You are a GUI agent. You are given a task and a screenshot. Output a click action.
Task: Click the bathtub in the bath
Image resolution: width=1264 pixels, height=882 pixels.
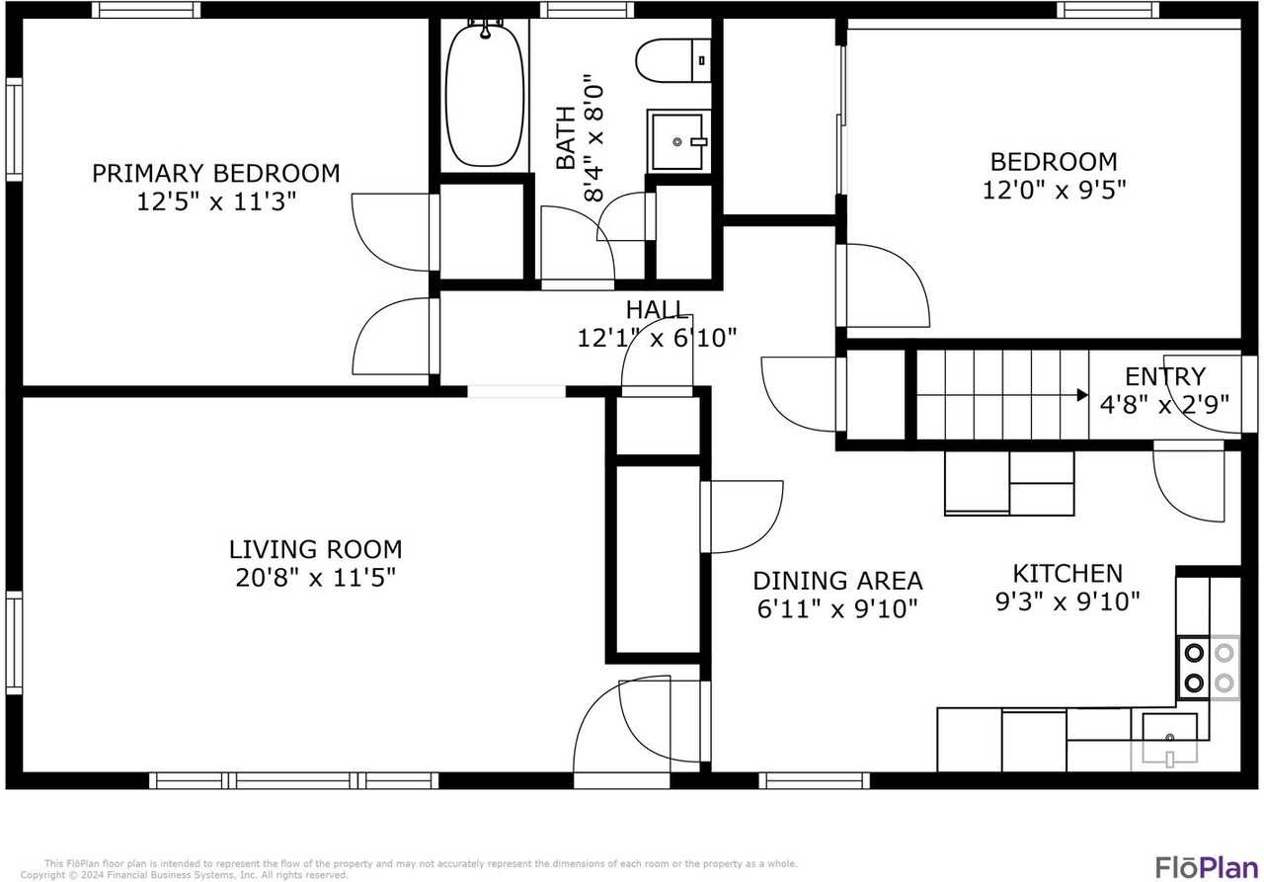(485, 94)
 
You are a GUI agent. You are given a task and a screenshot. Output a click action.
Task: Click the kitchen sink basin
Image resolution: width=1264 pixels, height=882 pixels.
(1169, 732)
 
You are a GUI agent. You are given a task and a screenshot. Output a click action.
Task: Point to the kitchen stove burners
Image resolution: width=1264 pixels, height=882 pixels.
(1208, 667)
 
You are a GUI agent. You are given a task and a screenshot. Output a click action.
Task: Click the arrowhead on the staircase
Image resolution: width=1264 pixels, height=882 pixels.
(1082, 396)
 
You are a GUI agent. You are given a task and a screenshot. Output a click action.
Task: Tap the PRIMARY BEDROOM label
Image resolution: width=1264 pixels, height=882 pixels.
(215, 174)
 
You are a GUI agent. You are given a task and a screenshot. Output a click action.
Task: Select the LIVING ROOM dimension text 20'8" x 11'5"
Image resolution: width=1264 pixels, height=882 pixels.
(315, 578)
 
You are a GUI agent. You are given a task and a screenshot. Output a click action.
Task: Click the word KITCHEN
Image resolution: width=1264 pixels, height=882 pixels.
(1066, 573)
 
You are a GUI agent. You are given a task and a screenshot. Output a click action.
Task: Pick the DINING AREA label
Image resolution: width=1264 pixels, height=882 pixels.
(837, 581)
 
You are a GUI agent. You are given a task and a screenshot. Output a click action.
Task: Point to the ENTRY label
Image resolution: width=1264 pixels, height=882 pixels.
(1165, 376)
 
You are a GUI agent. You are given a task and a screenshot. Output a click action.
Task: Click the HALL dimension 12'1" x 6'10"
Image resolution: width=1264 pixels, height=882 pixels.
(657, 339)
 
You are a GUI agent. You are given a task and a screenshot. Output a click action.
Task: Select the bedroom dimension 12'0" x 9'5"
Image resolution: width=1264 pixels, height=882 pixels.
(1054, 189)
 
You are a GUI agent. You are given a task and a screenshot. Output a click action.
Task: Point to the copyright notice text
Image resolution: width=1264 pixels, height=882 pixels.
(188, 875)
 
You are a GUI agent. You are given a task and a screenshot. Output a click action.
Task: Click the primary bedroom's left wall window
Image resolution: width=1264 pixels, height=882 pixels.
(14, 128)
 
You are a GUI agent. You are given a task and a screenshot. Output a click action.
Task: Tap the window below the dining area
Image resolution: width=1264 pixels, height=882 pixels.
(815, 780)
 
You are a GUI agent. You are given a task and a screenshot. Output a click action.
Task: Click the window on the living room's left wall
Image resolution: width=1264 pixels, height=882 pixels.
(14, 642)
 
